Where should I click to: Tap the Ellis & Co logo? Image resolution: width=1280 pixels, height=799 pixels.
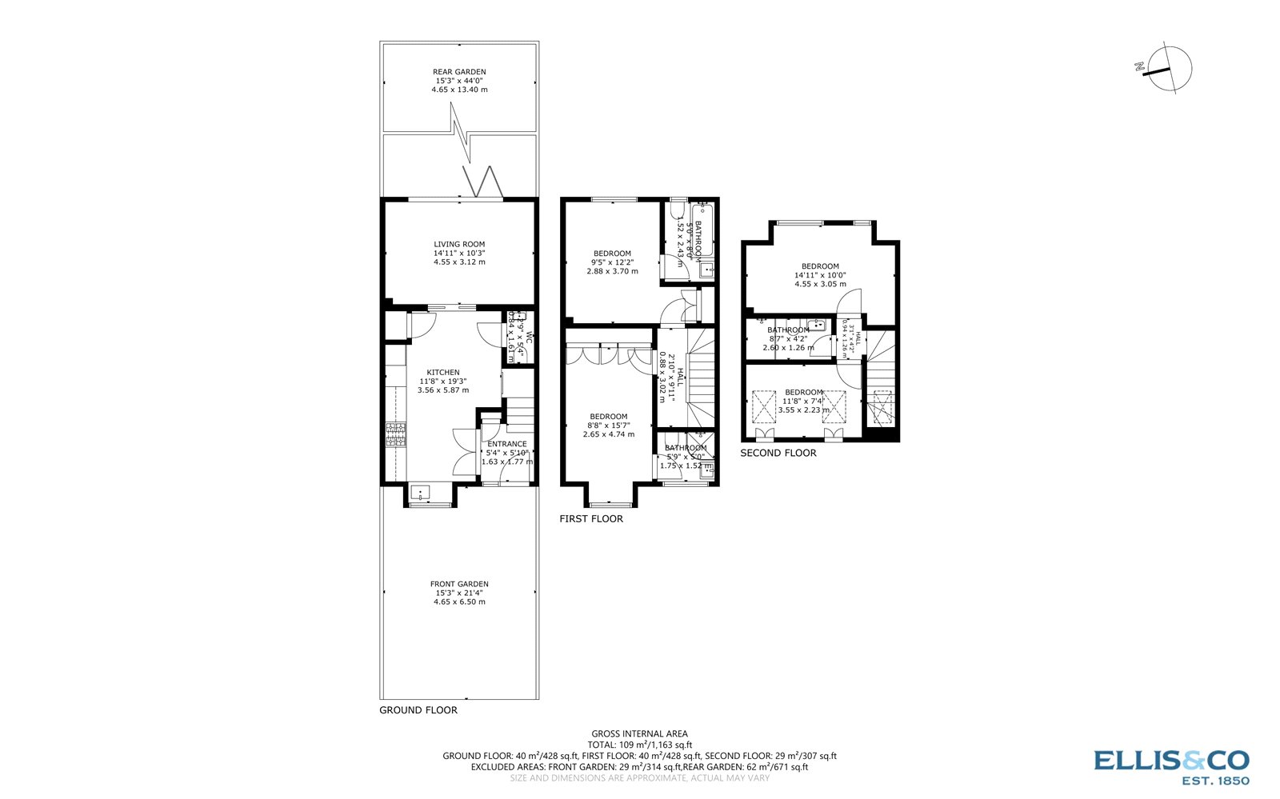click(1171, 766)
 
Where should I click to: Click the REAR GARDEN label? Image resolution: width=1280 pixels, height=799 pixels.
click(459, 72)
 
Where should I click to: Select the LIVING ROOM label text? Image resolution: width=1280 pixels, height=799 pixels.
click(459, 245)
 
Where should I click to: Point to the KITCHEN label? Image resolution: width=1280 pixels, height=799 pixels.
click(443, 373)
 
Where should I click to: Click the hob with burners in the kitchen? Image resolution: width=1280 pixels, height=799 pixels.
click(394, 437)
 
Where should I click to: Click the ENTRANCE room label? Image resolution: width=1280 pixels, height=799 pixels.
click(507, 445)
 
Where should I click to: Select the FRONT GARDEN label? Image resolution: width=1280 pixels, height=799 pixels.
click(459, 584)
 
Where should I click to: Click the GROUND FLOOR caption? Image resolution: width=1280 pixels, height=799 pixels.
click(418, 710)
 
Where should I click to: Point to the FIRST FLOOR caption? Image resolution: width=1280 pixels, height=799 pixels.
click(591, 519)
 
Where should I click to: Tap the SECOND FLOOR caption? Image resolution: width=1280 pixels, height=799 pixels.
click(778, 453)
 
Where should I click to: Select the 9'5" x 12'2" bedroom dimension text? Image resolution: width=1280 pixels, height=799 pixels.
click(613, 262)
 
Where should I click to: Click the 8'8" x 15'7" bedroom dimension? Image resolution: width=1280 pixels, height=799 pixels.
click(609, 425)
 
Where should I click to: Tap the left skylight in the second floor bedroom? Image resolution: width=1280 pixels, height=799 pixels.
click(764, 405)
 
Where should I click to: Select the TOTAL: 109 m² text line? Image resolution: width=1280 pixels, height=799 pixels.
click(639, 745)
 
